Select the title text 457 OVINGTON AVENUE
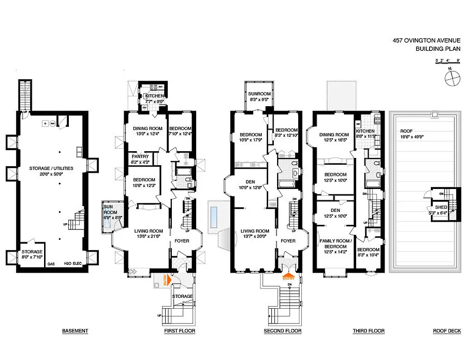point(426,40)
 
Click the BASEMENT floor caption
point(75,331)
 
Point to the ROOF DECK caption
point(447,331)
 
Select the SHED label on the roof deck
point(442,207)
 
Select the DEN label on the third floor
point(335,210)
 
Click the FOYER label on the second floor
point(288,241)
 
